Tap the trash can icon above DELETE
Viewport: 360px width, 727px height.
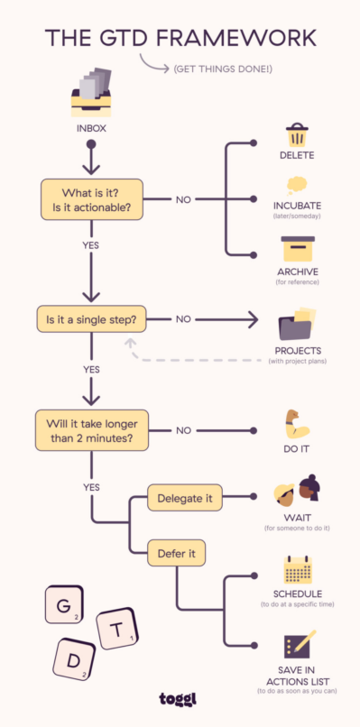click(x=297, y=136)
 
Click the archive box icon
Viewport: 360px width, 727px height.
click(x=297, y=249)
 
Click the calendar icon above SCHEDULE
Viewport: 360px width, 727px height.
click(x=297, y=571)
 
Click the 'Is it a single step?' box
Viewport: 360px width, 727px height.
click(x=91, y=319)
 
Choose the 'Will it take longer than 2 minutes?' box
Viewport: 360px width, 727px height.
click(x=91, y=430)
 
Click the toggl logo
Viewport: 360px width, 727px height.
click(x=180, y=700)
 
